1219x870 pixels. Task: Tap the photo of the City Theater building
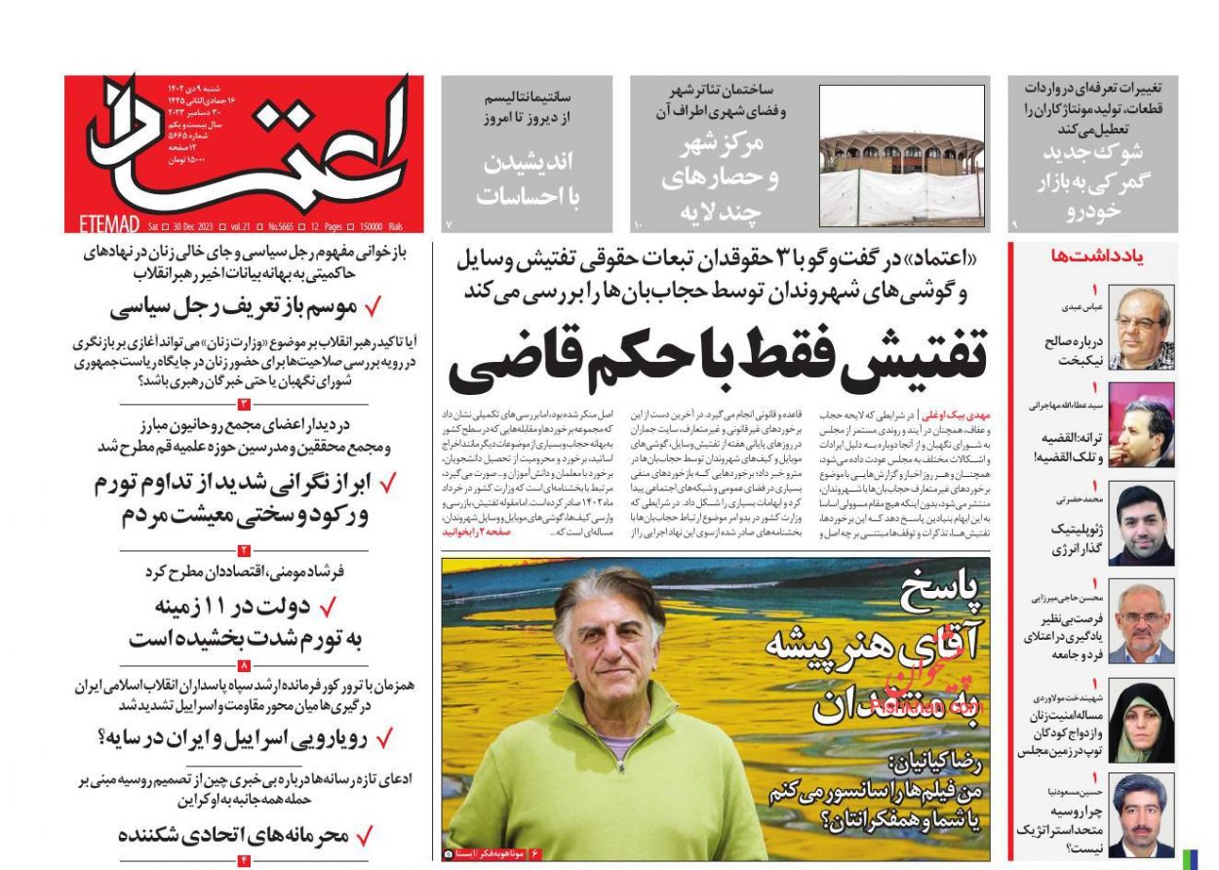click(x=901, y=155)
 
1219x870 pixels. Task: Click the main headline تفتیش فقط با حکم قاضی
click(x=717, y=358)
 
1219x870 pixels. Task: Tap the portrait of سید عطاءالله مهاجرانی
click(x=1141, y=427)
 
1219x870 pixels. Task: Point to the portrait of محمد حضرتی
click(x=1141, y=525)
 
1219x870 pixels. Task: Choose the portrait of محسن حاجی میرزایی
click(x=1141, y=623)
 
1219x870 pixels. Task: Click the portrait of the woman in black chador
click(x=1141, y=721)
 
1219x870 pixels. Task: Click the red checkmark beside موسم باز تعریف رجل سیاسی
click(x=372, y=308)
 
